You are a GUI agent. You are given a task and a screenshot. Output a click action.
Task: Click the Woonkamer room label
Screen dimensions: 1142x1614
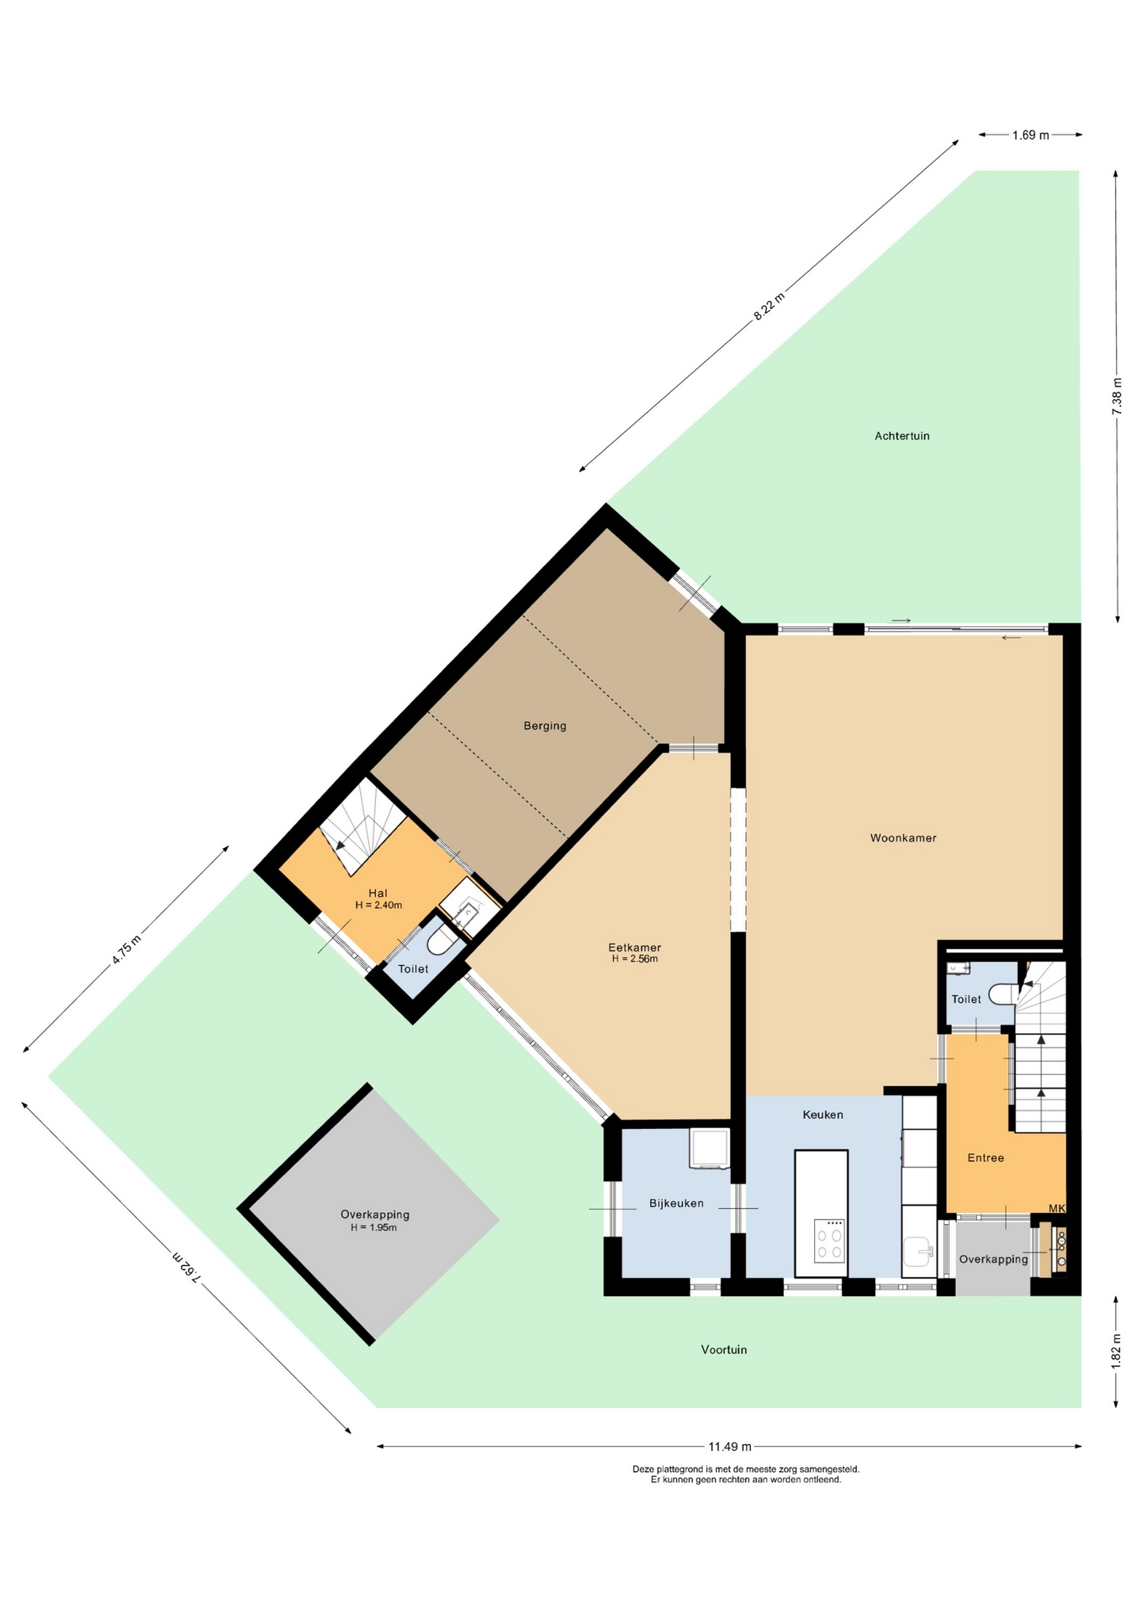tap(902, 838)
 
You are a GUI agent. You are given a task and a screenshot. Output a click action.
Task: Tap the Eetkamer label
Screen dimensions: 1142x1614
tap(634, 947)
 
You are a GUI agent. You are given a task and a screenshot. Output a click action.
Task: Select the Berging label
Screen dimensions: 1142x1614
tap(545, 725)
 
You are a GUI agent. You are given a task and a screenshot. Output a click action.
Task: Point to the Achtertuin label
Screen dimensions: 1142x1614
tap(901, 435)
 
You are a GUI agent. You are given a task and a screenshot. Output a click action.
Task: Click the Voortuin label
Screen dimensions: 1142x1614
tap(723, 1349)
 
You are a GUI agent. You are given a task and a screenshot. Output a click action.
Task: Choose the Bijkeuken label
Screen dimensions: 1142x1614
tap(676, 1203)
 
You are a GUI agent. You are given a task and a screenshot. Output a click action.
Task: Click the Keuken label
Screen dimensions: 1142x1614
tap(822, 1115)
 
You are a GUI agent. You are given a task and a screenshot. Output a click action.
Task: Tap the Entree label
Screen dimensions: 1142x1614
tap(986, 1158)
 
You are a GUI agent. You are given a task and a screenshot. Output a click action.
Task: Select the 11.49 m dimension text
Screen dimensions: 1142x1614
tap(729, 1447)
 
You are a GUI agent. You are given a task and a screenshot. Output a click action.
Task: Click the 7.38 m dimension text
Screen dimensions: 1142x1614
tap(1117, 395)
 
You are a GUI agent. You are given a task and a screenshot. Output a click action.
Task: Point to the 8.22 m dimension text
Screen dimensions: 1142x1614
tap(769, 306)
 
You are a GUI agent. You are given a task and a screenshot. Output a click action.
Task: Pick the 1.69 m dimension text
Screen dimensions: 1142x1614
tap(1030, 134)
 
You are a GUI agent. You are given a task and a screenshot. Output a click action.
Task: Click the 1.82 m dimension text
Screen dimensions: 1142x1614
tap(1117, 1351)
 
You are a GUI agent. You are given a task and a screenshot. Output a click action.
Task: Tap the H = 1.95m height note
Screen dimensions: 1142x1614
tap(373, 1227)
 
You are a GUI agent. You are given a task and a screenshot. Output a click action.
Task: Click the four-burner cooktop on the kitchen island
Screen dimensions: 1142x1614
tap(829, 1240)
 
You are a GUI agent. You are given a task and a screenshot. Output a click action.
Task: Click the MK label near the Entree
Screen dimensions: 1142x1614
tap(1056, 1209)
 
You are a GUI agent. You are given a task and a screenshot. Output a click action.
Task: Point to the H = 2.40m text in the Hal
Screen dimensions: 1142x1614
tap(378, 905)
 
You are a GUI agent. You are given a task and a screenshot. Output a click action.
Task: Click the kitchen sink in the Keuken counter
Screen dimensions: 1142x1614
tap(919, 1252)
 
